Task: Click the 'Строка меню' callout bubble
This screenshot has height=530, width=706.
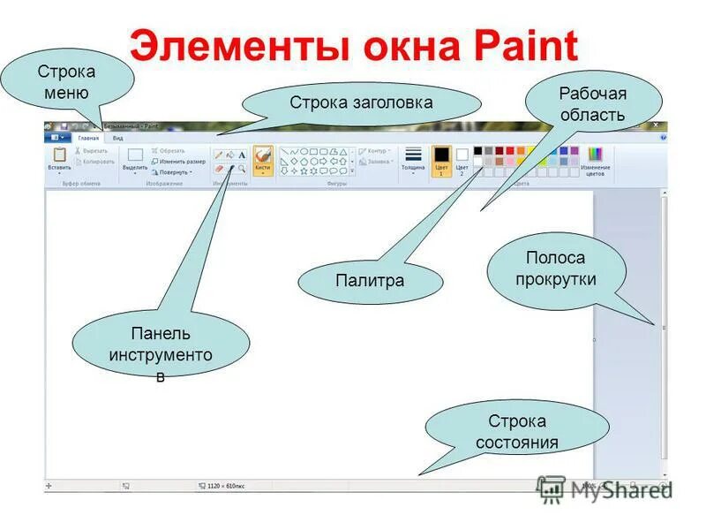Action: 66,82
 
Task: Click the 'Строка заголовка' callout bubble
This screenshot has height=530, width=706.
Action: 361,103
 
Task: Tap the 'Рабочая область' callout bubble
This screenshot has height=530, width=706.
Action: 592,104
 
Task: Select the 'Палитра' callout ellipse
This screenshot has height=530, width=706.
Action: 370,282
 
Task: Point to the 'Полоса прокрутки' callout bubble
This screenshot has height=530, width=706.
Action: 555,269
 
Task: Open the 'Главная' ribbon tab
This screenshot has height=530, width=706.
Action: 89,138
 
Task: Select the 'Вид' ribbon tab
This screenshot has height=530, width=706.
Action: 117,138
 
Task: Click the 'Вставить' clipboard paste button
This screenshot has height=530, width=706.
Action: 60,159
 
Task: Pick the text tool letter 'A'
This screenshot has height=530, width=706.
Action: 242,155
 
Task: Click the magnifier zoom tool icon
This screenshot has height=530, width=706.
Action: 242,167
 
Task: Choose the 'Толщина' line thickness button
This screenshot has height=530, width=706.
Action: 413,159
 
